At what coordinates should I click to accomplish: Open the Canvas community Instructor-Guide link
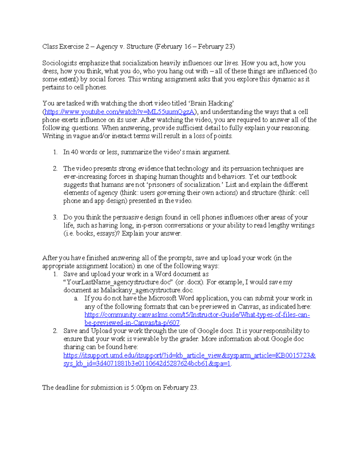[x=197, y=315]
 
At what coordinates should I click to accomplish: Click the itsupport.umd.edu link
[x=190, y=356]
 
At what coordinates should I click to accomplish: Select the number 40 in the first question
[x=74, y=152]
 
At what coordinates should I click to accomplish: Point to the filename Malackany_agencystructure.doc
[x=147, y=290]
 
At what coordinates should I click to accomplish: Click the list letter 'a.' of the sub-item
[x=76, y=299]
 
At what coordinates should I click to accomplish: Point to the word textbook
[x=284, y=176]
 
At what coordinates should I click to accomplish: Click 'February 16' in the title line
[x=174, y=47]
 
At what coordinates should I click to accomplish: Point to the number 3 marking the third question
[x=55, y=217]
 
